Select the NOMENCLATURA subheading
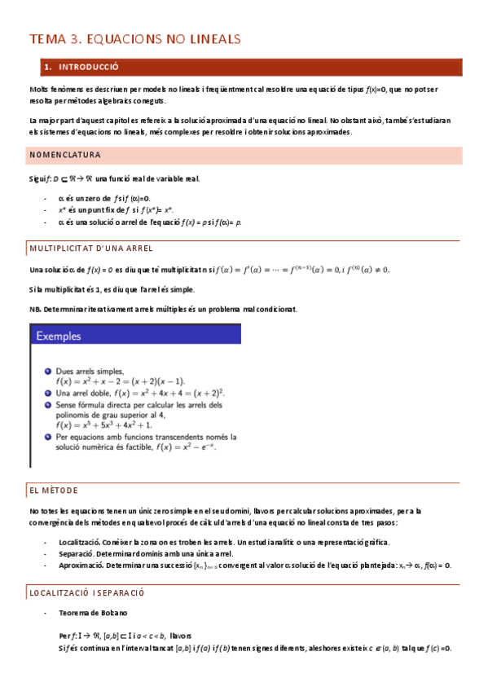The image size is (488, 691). tap(64, 154)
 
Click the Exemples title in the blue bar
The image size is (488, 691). tap(62, 335)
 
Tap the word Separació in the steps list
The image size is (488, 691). tap(74, 553)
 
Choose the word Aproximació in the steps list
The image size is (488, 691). tap(80, 565)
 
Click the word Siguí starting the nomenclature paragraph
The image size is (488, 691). tap(38, 178)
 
